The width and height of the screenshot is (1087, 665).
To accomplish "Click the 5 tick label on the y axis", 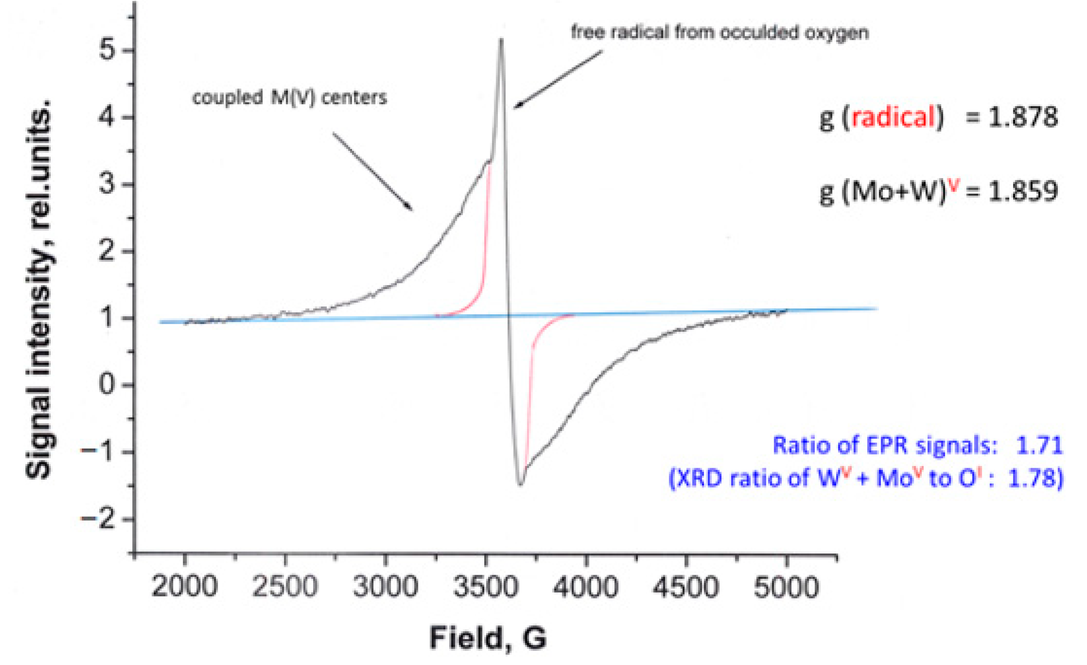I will (x=106, y=50).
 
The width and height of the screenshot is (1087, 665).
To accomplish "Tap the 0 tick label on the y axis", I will (x=106, y=384).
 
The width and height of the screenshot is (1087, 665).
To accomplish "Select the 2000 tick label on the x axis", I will (x=184, y=587).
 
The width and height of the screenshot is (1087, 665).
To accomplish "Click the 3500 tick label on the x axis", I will (x=486, y=587).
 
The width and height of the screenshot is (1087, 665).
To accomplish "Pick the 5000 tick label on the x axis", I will (x=786, y=587).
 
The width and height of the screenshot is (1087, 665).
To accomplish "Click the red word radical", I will (x=893, y=117).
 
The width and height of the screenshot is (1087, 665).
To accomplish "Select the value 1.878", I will (x=1022, y=117).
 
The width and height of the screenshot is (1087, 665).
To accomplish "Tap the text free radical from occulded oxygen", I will (x=720, y=33).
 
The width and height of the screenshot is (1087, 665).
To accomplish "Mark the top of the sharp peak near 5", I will (x=501, y=40).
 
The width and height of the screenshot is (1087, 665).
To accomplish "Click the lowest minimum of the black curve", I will (x=520, y=484).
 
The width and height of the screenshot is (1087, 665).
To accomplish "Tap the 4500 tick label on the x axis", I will (x=686, y=587).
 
